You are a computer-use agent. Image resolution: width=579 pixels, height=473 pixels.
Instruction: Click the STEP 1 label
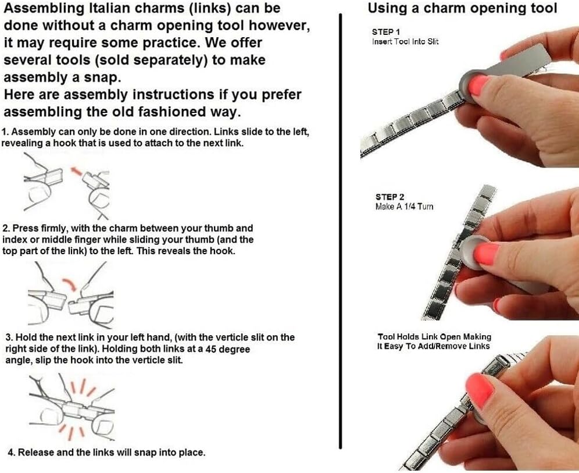coord(386,32)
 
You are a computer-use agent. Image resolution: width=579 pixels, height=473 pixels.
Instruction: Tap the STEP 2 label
coord(390,197)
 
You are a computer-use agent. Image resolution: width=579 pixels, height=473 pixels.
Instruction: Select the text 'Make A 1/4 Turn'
coord(405,207)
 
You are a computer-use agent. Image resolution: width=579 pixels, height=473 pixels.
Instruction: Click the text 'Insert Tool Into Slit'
coord(405,42)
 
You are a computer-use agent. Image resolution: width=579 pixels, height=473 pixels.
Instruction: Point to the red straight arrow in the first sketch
coord(76,171)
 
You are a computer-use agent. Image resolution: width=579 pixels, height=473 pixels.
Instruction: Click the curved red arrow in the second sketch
coord(69,284)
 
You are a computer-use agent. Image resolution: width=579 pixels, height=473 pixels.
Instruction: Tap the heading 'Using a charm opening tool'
coord(463,8)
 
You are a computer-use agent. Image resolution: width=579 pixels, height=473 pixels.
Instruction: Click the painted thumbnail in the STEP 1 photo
coord(478,84)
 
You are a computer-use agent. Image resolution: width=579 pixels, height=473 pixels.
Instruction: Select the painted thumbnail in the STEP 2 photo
coord(487,254)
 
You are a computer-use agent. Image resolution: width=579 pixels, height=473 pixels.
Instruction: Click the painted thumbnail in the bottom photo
coord(479,389)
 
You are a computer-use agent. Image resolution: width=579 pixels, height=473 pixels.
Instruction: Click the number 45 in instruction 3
coord(211,349)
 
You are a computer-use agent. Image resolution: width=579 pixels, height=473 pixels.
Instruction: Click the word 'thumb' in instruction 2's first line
coord(218,228)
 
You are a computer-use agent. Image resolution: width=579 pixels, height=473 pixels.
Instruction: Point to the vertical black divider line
coord(340,232)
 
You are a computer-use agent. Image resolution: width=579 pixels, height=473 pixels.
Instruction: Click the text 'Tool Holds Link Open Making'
coord(434,337)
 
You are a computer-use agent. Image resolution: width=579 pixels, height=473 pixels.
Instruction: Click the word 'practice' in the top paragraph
coord(168,43)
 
